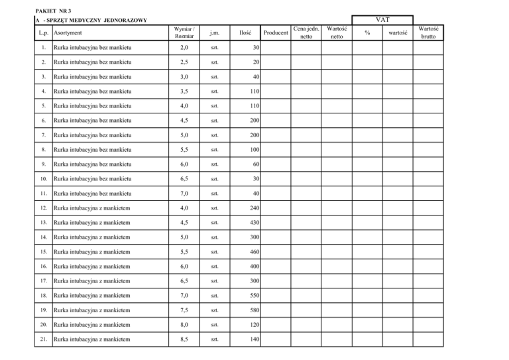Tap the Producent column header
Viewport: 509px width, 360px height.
[x=275, y=32]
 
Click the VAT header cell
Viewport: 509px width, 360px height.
[x=384, y=21]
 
